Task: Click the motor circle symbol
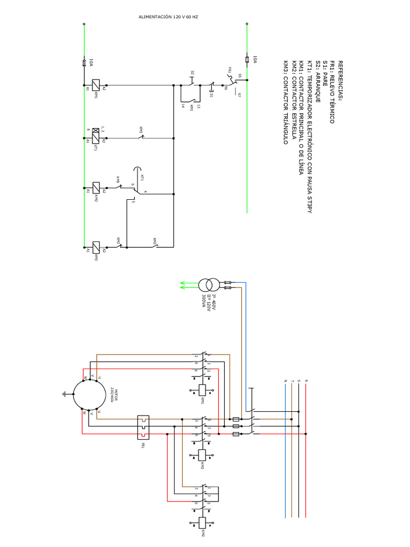click(x=90, y=395)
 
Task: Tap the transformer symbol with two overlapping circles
click(x=205, y=284)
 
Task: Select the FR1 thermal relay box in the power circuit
click(x=143, y=427)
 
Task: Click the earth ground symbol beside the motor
click(x=65, y=395)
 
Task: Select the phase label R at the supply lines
click(x=306, y=380)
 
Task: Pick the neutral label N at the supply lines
click(x=285, y=380)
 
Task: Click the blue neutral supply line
click(x=285, y=454)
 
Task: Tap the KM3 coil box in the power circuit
click(x=203, y=455)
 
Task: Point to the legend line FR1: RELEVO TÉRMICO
click(x=332, y=92)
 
